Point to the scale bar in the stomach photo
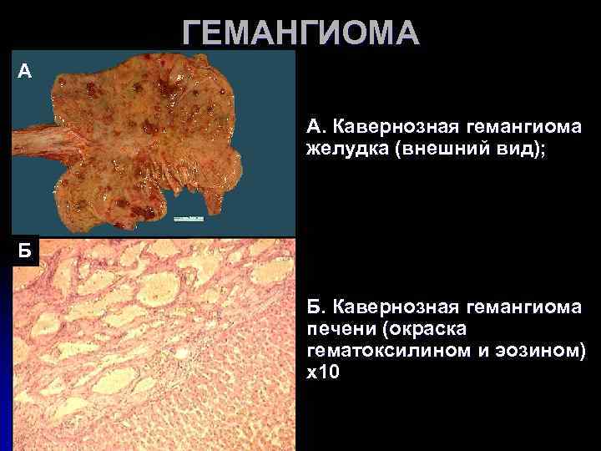(190, 218)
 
